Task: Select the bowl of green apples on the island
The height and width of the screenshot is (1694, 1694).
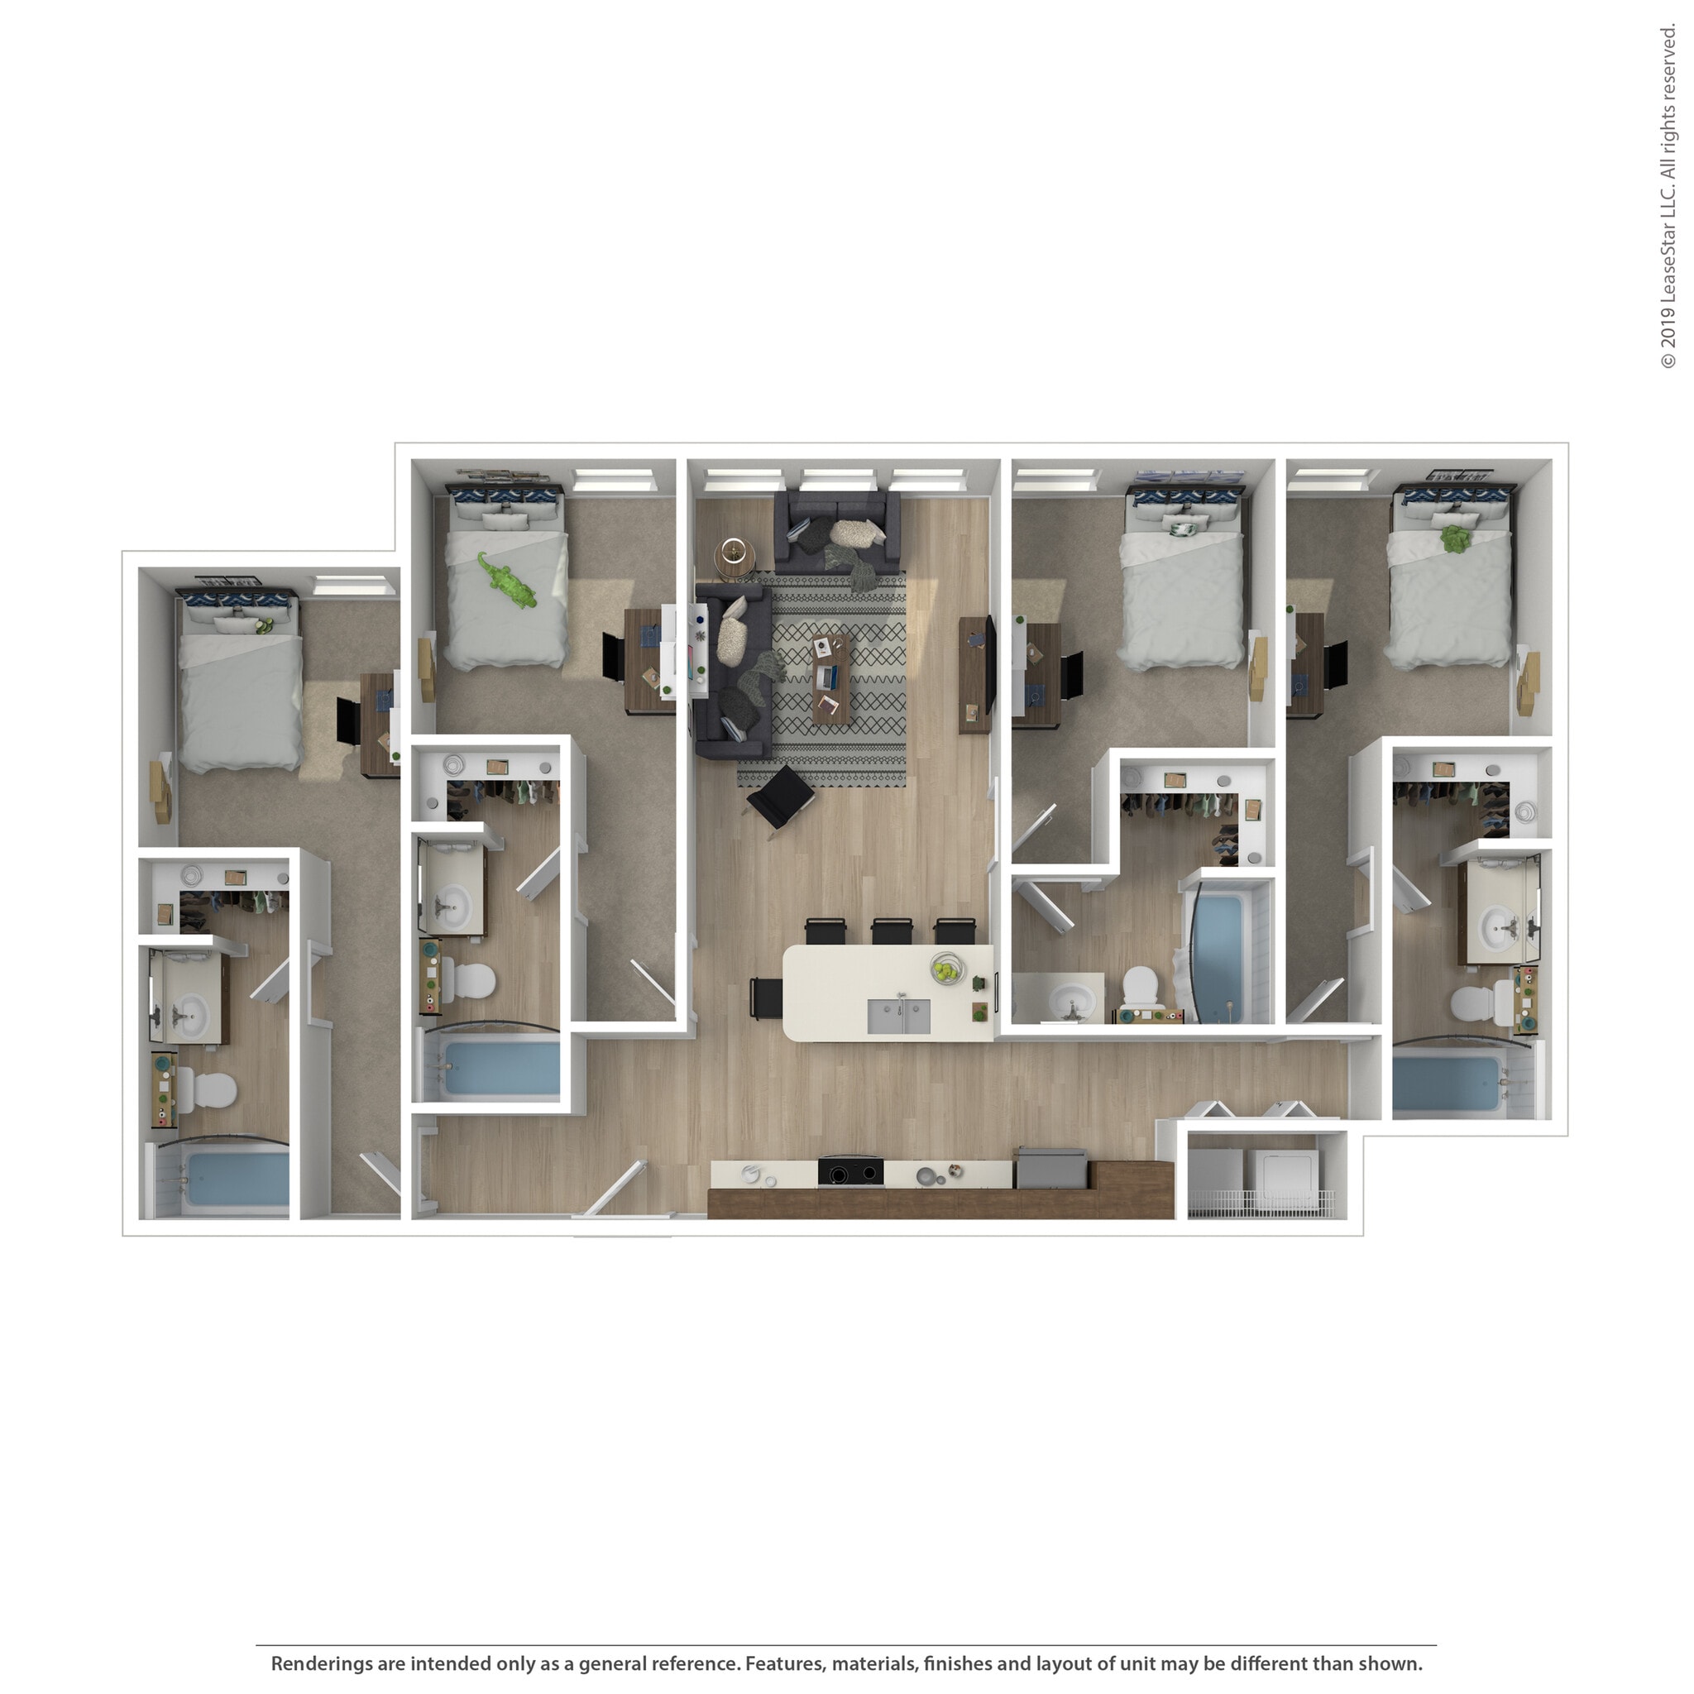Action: [x=946, y=969]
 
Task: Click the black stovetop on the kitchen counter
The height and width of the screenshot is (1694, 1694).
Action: [x=849, y=1172]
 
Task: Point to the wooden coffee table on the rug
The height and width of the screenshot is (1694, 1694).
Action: [x=830, y=677]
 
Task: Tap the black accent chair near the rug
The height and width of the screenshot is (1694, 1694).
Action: [x=779, y=797]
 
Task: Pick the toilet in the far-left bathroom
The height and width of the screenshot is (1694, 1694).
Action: [x=213, y=1091]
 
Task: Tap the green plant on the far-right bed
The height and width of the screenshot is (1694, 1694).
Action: [x=1456, y=538]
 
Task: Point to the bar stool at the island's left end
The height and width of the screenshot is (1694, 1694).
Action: [x=764, y=998]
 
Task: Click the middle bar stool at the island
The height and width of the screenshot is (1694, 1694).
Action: [x=892, y=931]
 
